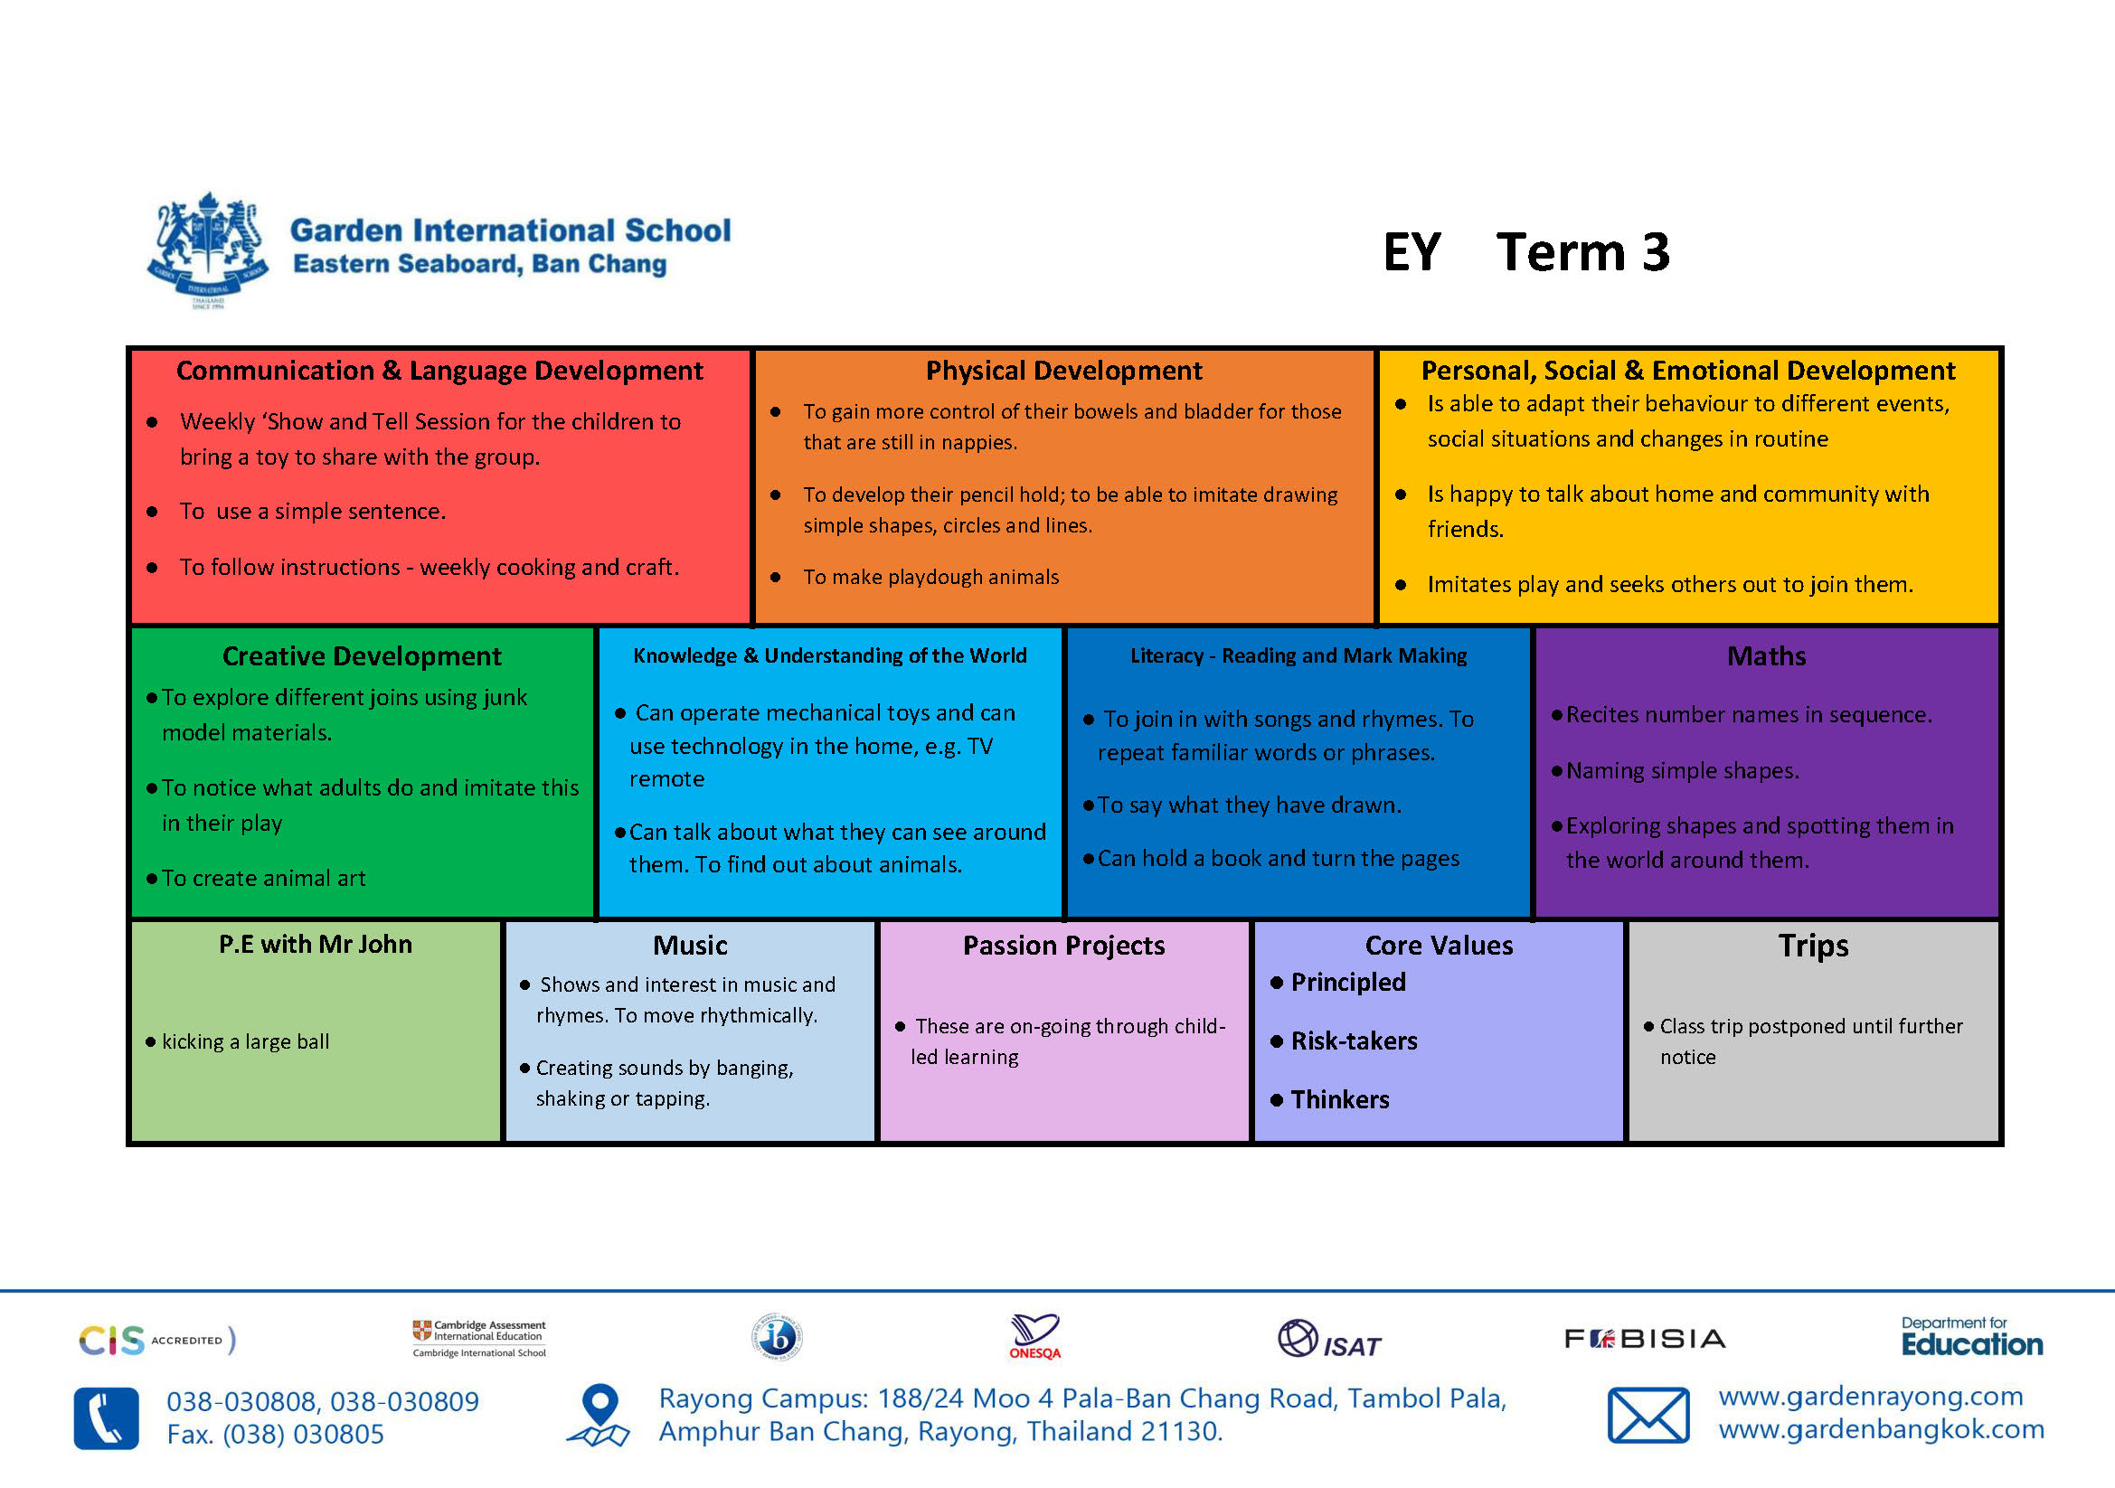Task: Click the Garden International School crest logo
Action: [209, 249]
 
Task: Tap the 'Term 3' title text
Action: [1582, 252]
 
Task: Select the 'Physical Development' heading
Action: [1063, 370]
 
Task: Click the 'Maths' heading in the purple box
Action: [1765, 655]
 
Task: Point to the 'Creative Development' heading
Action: [362, 655]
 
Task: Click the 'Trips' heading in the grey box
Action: [1812, 946]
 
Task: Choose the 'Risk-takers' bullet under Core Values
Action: [1354, 1041]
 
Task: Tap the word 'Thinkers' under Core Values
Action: [1339, 1099]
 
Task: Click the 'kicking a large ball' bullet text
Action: [245, 1041]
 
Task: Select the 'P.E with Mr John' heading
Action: [315, 944]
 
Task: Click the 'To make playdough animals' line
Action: [930, 577]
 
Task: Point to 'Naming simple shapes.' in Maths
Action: [1681, 771]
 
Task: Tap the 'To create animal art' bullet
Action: [263, 879]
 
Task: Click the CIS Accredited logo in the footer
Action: [156, 1340]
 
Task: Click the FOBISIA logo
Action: [1644, 1338]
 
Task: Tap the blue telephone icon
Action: [107, 1418]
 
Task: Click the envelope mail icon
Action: [1648, 1416]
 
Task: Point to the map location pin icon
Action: [600, 1416]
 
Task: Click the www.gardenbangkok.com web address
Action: [1880, 1429]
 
